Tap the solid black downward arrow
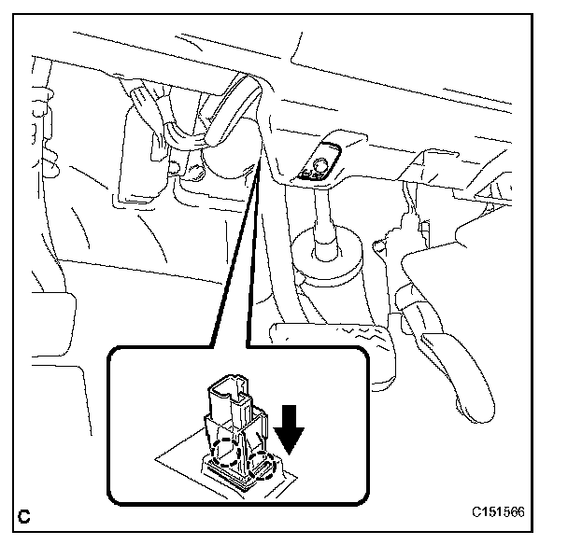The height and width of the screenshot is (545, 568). (x=290, y=432)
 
